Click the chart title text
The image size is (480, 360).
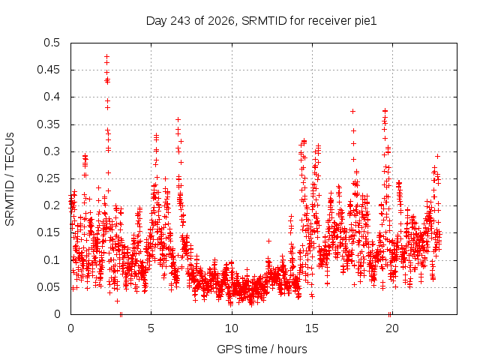[262, 21]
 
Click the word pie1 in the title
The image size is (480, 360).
[366, 21]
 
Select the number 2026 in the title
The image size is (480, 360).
[221, 21]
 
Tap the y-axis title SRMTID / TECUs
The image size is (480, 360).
[10, 179]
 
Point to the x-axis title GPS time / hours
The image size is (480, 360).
[262, 349]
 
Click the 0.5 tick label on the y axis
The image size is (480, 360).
[52, 43]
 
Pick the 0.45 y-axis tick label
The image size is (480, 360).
[49, 70]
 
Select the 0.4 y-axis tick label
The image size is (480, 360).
[52, 97]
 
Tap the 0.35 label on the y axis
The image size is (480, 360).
[49, 124]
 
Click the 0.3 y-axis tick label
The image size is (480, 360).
[52, 151]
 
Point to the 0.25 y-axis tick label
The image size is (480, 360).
[49, 178]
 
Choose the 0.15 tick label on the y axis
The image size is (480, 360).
[49, 232]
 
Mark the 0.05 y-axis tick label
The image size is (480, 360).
[49, 287]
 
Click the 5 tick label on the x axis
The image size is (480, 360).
[151, 328]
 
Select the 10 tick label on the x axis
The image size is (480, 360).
[232, 328]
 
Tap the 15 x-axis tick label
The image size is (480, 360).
[312, 328]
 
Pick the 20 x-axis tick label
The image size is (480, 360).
[392, 328]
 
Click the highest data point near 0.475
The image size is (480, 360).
[106, 57]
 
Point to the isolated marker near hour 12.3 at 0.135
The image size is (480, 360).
[268, 241]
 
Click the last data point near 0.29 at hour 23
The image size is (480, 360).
[438, 157]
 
